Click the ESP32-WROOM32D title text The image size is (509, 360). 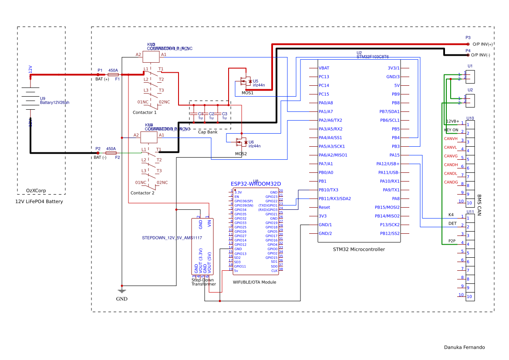(x=256, y=184)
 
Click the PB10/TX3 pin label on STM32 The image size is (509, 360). (x=328, y=190)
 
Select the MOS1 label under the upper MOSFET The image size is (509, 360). (x=247, y=93)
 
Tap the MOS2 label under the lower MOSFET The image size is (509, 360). (x=241, y=154)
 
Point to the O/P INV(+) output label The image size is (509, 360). (x=482, y=44)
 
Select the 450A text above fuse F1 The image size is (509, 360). (x=113, y=70)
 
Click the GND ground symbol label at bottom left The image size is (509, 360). (x=122, y=299)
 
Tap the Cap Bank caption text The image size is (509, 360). (x=208, y=132)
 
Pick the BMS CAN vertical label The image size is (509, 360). (x=479, y=205)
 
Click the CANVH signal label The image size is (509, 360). (x=451, y=138)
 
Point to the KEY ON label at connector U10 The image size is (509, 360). (x=451, y=130)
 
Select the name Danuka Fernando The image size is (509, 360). (x=464, y=347)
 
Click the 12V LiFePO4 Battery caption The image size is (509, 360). (x=39, y=202)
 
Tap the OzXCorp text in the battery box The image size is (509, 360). (x=36, y=191)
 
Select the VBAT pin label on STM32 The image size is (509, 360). (x=324, y=68)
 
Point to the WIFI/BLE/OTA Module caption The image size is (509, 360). (x=254, y=282)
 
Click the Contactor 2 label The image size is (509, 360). (x=142, y=193)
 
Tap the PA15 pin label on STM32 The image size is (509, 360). (x=394, y=155)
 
